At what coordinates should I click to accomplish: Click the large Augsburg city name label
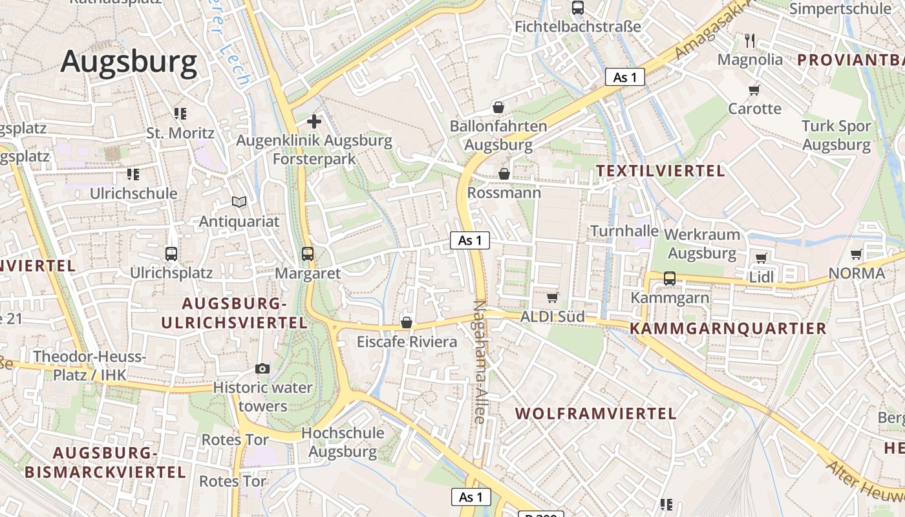pyautogui.click(x=129, y=62)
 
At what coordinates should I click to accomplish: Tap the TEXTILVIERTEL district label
pyautogui.click(x=660, y=171)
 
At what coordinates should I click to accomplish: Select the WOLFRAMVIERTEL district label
pyautogui.click(x=595, y=414)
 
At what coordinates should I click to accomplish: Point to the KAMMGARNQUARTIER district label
pyautogui.click(x=729, y=328)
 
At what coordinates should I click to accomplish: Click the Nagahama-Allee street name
pyautogui.click(x=480, y=362)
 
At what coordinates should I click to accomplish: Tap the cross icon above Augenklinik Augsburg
pyautogui.click(x=314, y=121)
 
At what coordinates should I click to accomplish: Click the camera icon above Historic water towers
pyautogui.click(x=262, y=368)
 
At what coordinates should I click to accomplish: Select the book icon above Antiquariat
pyautogui.click(x=239, y=202)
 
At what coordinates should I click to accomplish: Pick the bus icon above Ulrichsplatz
pyautogui.click(x=171, y=254)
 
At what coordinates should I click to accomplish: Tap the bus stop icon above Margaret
pyautogui.click(x=308, y=254)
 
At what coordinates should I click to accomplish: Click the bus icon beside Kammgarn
pyautogui.click(x=670, y=279)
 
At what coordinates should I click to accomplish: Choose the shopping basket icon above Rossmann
pyautogui.click(x=504, y=174)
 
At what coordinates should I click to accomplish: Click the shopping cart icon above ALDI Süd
pyautogui.click(x=553, y=297)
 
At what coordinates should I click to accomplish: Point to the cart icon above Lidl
pyautogui.click(x=761, y=258)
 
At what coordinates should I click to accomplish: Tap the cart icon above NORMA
pyautogui.click(x=857, y=254)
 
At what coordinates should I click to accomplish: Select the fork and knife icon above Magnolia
pyautogui.click(x=750, y=41)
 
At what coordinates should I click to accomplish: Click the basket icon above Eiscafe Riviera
pyautogui.click(x=407, y=322)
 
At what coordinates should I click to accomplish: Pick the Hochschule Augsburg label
pyautogui.click(x=343, y=442)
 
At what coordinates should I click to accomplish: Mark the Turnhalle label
pyautogui.click(x=624, y=231)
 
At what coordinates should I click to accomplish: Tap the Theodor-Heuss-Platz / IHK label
pyautogui.click(x=90, y=365)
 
